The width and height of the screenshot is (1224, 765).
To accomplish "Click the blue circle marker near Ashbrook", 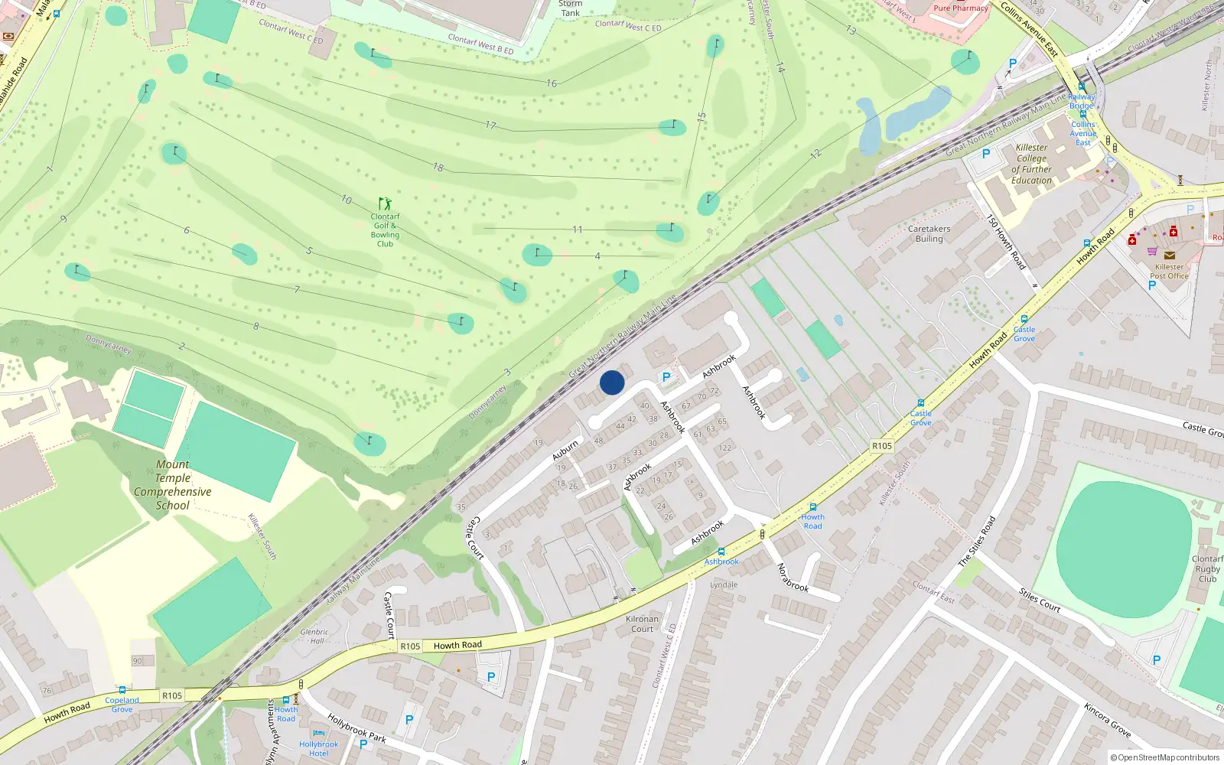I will point(612,382).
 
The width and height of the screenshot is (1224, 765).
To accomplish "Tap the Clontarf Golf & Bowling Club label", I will point(385,230).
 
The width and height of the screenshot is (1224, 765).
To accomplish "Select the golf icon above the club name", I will point(385,203).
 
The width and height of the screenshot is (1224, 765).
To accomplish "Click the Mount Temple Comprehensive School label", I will point(173,485).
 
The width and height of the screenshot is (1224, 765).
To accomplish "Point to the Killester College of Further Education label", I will point(1031,164).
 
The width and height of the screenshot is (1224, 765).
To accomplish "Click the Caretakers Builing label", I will point(929,233).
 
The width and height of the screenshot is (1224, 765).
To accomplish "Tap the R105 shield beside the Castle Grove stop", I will point(882,446).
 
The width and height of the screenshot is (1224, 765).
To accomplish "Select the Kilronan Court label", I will point(642,623).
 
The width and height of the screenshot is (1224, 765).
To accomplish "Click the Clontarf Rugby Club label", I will point(1207,568).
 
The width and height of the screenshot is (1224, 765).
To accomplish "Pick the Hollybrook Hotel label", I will point(318,749).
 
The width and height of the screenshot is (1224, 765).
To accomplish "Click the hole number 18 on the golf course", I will point(438,167).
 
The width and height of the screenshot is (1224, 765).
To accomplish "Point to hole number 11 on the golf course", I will point(577,229).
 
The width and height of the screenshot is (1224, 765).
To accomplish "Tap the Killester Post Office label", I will point(1169,272).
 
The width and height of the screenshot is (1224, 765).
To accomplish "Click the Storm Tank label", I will point(570,8).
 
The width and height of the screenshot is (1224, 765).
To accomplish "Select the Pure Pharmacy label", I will point(960,8).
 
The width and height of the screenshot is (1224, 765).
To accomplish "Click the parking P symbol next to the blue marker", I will point(666,377).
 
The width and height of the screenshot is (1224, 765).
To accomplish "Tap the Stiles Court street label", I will point(1040,601).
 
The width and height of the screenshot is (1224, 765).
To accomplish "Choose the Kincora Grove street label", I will point(1107,720).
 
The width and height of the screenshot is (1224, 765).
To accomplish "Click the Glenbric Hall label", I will point(314,636).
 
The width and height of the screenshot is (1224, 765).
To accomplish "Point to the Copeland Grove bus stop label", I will point(122,705).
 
